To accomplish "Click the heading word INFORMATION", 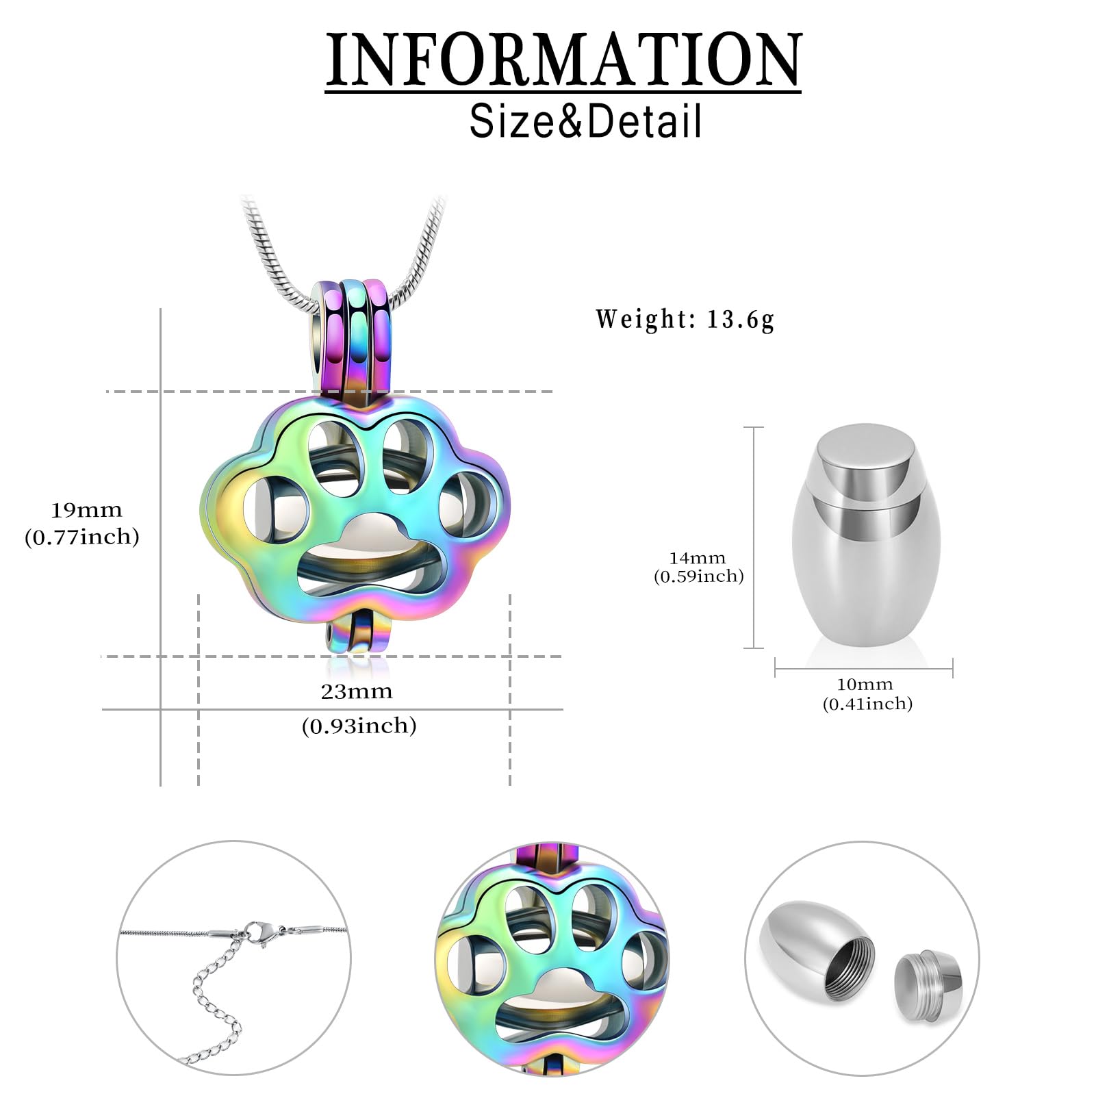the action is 563,60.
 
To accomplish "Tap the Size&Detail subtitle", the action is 585,121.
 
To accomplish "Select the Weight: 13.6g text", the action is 685,320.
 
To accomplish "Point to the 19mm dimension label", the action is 86,511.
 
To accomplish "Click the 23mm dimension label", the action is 357,691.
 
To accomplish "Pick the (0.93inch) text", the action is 359,726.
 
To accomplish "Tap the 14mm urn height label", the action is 697,558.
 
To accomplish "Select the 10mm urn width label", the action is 865,684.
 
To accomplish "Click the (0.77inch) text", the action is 82,537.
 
